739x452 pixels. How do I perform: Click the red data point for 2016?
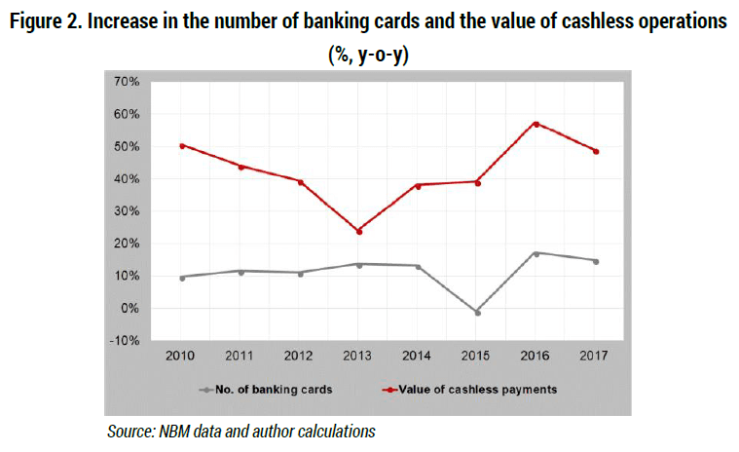click(536, 124)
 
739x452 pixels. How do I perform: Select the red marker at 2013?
click(359, 232)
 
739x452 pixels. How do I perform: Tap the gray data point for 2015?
click(477, 313)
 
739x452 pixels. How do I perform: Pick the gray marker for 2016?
click(536, 253)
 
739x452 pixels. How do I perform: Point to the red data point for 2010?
click(182, 146)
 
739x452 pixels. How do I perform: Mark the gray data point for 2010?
click(182, 278)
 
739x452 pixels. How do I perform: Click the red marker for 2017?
click(596, 151)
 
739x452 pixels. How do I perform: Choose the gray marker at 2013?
click(359, 265)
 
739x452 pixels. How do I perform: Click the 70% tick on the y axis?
click(127, 82)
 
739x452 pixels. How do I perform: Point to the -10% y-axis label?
click(124, 341)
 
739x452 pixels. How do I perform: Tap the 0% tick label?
click(129, 309)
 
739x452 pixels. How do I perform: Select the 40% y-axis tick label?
click(127, 179)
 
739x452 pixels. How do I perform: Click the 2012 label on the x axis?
click(298, 356)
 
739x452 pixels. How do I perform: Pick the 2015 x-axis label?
click(475, 356)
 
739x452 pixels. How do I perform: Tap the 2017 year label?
click(594, 356)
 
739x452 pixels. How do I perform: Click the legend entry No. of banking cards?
click(266, 390)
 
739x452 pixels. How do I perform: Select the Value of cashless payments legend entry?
click(469, 390)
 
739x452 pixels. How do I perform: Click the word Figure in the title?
click(36, 21)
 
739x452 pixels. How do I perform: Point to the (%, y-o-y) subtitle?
click(369, 56)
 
